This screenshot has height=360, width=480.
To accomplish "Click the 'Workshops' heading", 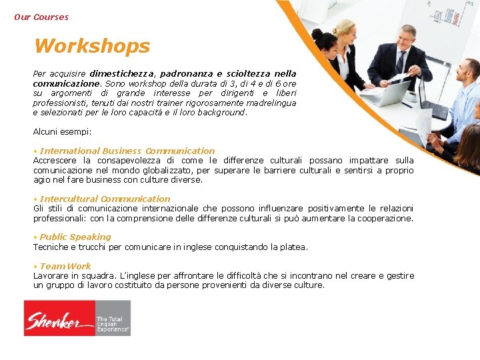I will pyautogui.click(x=92, y=46).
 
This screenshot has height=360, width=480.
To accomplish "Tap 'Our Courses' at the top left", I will pyautogui.click(x=41, y=17).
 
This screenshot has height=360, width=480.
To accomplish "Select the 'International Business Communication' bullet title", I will pyautogui.click(x=127, y=151).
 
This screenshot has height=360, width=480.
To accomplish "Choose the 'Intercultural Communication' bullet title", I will pyautogui.click(x=105, y=199).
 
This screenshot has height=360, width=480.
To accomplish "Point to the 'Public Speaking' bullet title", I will pyautogui.click(x=75, y=237).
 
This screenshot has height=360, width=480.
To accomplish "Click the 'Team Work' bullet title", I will pyautogui.click(x=65, y=266).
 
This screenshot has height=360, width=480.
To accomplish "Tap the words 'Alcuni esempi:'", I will pyautogui.click(x=63, y=131).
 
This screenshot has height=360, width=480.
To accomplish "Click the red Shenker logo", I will pyautogui.click(x=59, y=318).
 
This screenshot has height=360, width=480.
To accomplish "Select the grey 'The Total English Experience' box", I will pyautogui.click(x=113, y=318).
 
